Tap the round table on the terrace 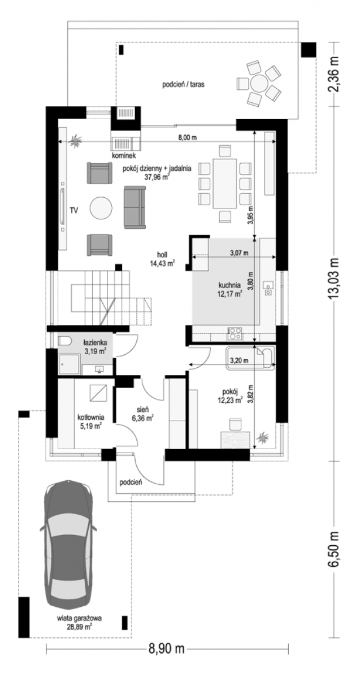tap(258, 82)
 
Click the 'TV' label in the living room tap(73, 210)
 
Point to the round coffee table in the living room tap(101, 208)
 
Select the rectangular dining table tap(225, 184)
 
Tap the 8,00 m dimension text tap(187, 137)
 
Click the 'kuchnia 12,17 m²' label tap(230, 289)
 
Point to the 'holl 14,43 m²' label tap(162, 259)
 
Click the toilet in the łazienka tap(64, 341)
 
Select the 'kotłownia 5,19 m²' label tap(91, 421)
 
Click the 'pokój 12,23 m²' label tap(230, 396)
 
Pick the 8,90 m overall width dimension tap(167, 663)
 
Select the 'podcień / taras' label tap(183, 84)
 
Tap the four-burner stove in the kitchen tap(235, 333)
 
